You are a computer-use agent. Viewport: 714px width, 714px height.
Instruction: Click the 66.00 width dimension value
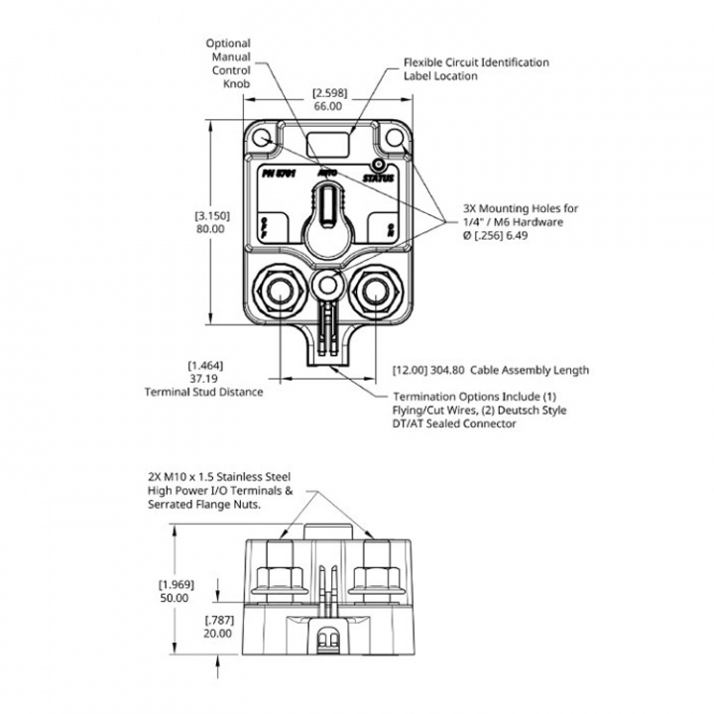click(x=328, y=105)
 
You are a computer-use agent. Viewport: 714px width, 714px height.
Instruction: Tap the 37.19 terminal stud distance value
click(x=202, y=378)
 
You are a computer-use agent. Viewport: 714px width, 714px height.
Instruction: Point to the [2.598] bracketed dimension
click(x=329, y=92)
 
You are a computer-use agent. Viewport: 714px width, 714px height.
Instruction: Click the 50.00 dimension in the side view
click(x=175, y=598)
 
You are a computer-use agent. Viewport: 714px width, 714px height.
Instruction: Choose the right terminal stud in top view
click(x=377, y=290)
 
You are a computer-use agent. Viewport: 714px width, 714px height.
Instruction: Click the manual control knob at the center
click(x=326, y=215)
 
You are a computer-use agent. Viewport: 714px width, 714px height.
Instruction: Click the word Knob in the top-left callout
click(x=234, y=85)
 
